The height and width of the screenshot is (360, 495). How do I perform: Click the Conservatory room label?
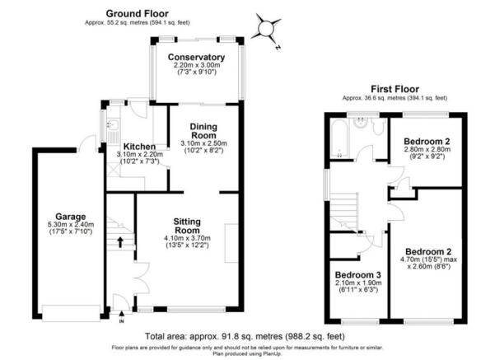point(196,57)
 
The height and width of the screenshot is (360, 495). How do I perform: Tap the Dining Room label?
point(203,131)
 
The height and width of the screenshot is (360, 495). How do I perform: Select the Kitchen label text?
point(139,147)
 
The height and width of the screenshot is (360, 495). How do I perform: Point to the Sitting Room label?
point(187,226)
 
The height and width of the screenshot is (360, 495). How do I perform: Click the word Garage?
point(70,217)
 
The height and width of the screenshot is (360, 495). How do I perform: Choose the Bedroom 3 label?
point(358,275)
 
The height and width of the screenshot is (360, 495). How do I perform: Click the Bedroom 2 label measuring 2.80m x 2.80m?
point(427,141)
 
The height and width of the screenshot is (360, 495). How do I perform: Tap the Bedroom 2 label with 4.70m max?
point(428,252)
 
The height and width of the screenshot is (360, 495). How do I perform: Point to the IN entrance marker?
point(122,321)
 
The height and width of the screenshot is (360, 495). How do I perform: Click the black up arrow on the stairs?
point(120,242)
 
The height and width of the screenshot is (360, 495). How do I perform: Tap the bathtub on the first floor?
point(339,138)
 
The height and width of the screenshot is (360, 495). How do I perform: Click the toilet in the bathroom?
point(377,127)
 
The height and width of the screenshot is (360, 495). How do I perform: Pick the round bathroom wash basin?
point(360,123)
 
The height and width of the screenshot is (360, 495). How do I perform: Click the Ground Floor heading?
point(137,13)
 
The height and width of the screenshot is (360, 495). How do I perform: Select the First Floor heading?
point(395,89)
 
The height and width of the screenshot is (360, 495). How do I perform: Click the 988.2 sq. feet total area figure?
point(315,337)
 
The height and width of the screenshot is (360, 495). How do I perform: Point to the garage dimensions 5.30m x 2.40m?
point(70,225)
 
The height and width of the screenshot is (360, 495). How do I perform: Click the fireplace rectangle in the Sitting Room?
point(231,243)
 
